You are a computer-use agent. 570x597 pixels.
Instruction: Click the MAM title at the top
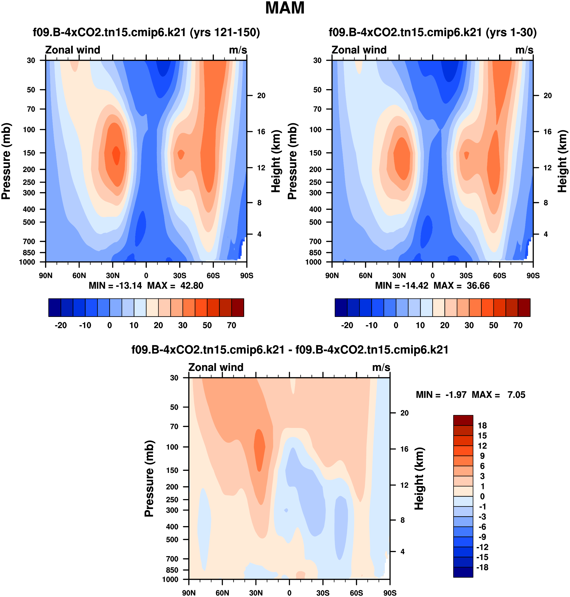[285, 8]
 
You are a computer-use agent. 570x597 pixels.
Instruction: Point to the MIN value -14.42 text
[415, 285]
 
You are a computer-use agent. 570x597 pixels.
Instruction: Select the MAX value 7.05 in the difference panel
[516, 395]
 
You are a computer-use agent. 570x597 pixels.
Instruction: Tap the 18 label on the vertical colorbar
[482, 426]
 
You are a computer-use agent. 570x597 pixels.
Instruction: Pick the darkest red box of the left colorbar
[238, 308]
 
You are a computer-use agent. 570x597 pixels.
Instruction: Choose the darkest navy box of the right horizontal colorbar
[341, 308]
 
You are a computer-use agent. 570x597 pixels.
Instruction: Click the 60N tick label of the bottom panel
[222, 593]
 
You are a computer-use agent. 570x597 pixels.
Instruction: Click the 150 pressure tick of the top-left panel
[29, 153]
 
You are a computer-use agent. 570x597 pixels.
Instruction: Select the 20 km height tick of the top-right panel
[548, 95]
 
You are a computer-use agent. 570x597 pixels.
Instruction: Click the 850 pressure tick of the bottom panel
[172, 570]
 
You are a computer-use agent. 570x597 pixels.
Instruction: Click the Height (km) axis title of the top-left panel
[276, 161]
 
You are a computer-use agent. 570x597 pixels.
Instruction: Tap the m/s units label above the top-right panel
[524, 50]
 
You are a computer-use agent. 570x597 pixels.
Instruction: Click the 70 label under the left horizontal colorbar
[232, 325]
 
